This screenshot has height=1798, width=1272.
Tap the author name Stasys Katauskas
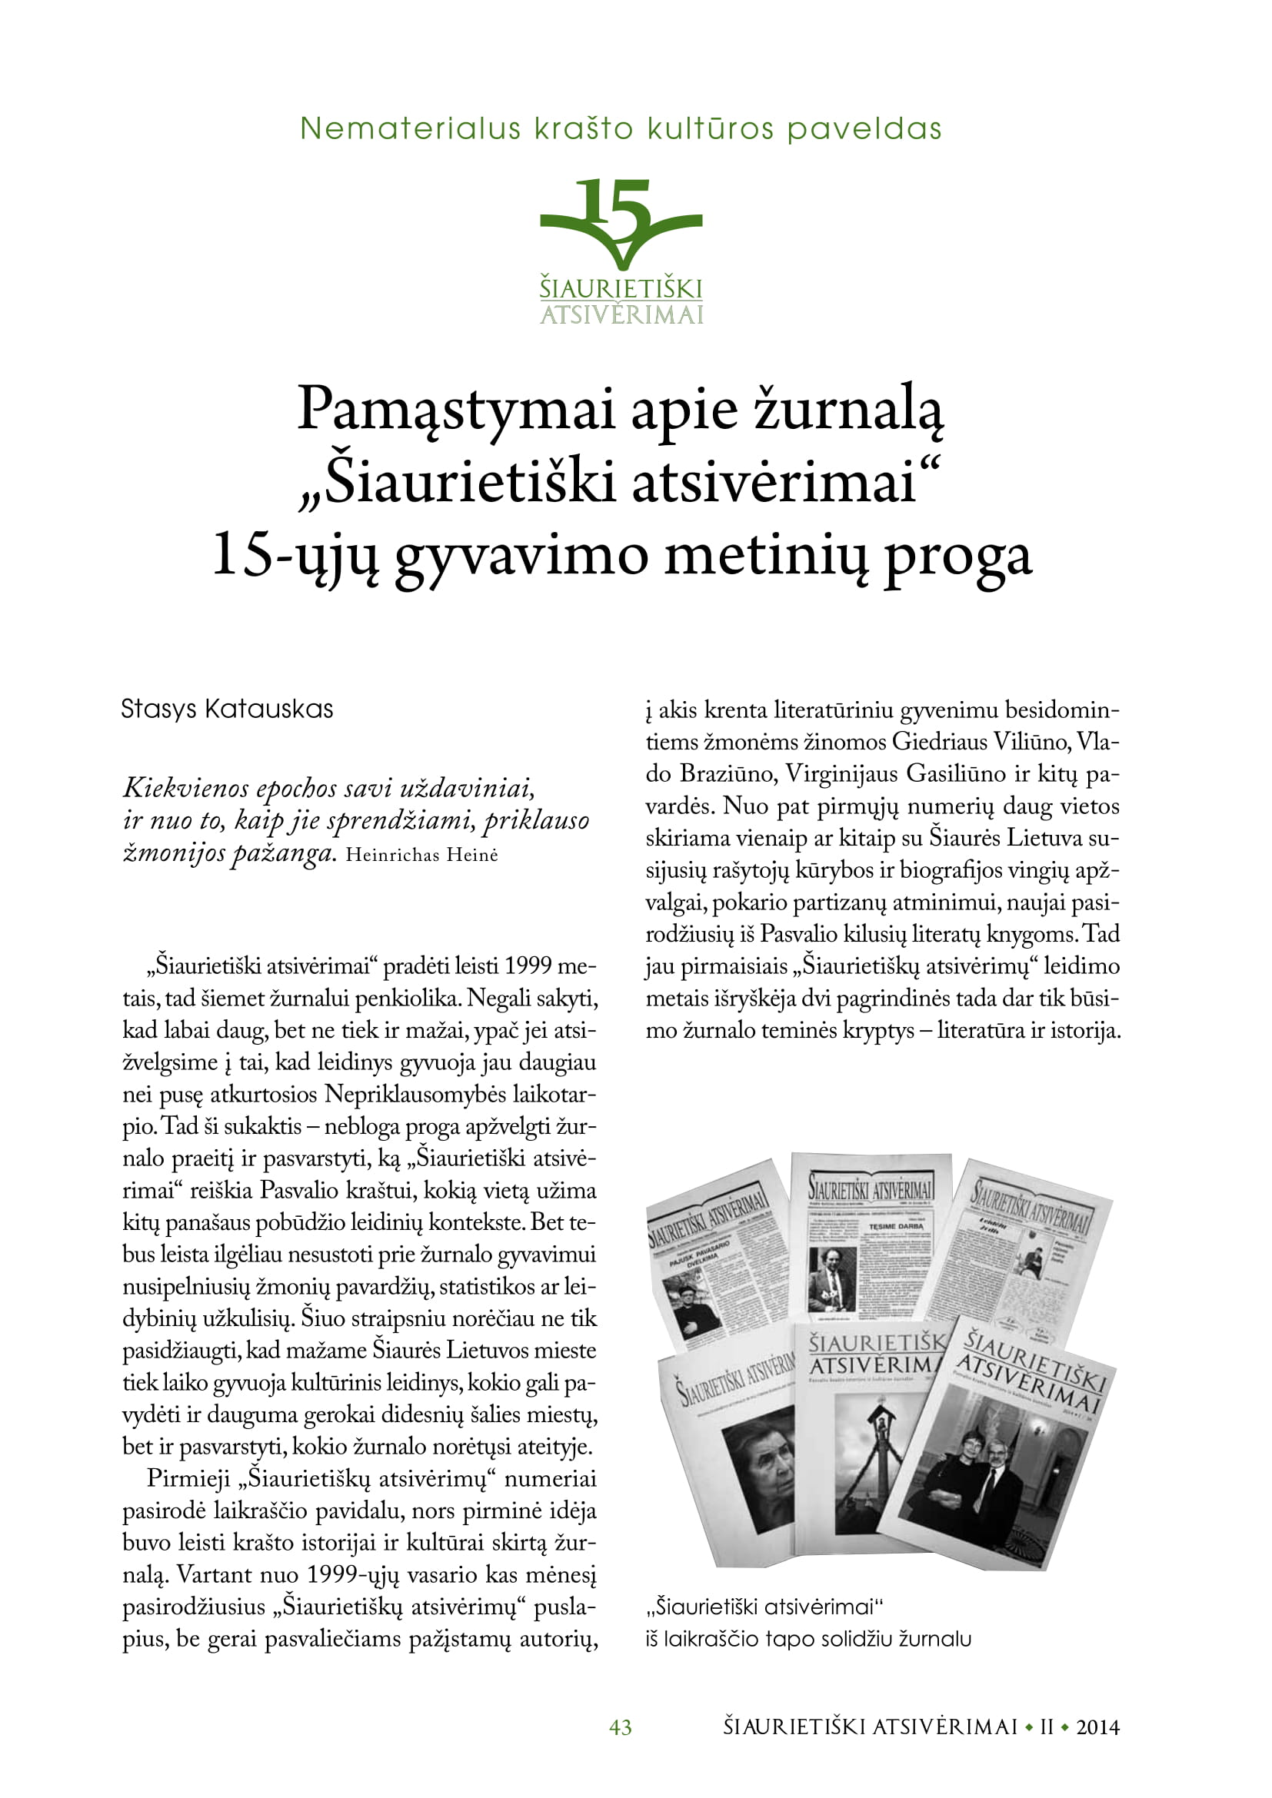(227, 710)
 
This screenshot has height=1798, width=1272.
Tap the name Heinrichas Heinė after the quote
(421, 854)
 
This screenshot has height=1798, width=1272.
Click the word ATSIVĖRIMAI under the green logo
(621, 315)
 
